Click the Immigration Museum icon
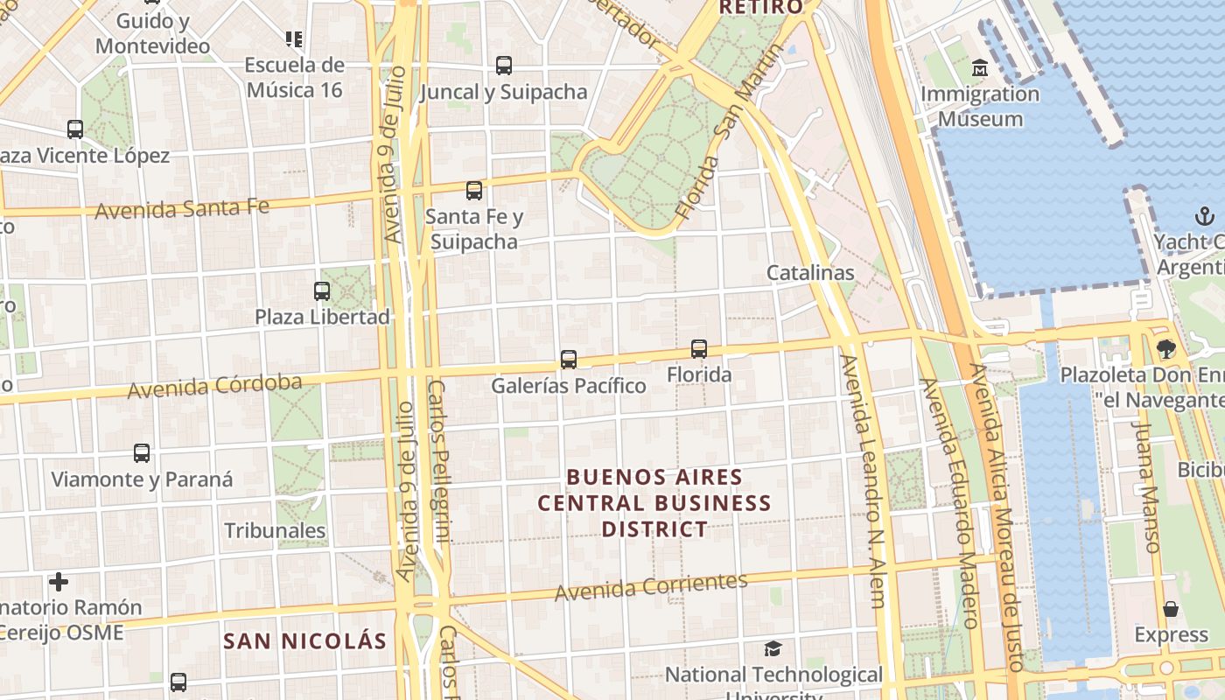979,67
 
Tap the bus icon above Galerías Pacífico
568,359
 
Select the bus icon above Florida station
698,348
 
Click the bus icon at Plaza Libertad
322,290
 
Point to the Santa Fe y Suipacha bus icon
474,190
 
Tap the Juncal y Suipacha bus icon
503,65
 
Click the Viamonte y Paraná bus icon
142,452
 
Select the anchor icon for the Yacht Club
1205,216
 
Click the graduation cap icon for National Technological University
773,648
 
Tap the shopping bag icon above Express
1171,608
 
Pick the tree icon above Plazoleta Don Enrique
1165,349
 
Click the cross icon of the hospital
59,581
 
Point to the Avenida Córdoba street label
215,385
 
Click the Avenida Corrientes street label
651,586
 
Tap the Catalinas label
809,272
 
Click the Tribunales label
275,530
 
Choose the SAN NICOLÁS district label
304,640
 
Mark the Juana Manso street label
1144,486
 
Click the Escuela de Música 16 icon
294,38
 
